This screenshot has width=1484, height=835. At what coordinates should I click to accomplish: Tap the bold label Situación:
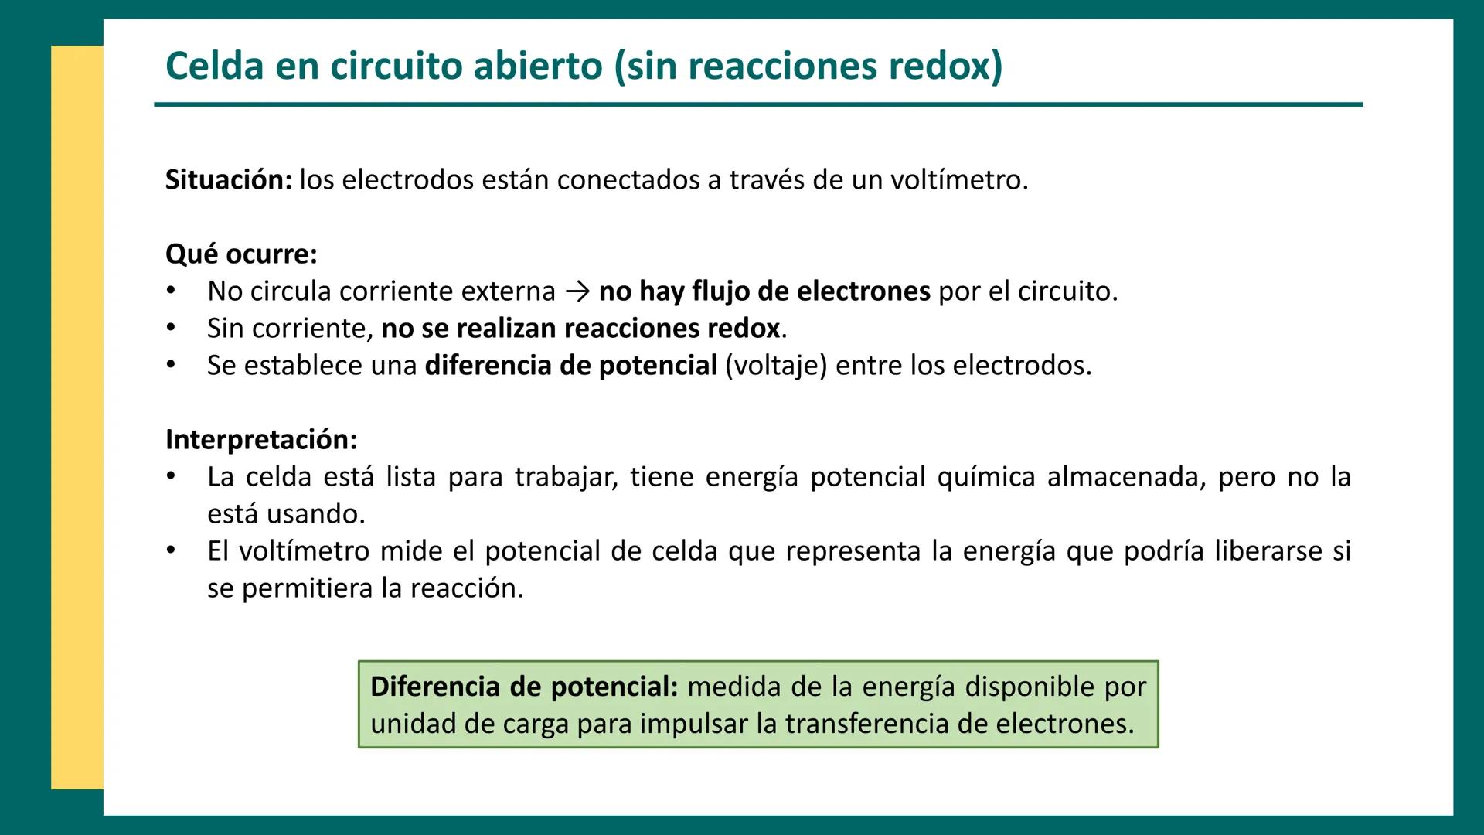pyautogui.click(x=229, y=180)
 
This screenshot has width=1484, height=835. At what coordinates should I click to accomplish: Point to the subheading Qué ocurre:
pyautogui.click(x=241, y=254)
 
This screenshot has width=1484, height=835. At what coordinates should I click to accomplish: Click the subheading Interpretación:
pyautogui.click(x=261, y=440)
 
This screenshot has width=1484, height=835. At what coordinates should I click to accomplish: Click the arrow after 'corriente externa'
pyautogui.click(x=577, y=292)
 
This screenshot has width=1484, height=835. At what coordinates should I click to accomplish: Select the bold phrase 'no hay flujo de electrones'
pyautogui.click(x=764, y=291)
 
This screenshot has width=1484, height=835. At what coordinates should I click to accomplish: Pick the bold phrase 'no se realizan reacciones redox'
pyautogui.click(x=580, y=329)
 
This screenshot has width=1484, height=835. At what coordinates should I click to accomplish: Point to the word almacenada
pyautogui.click(x=1126, y=477)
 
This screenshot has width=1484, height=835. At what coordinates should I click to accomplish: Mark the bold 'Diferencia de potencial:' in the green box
pyautogui.click(x=523, y=687)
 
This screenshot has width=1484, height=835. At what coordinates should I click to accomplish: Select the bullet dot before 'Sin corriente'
pyautogui.click(x=171, y=329)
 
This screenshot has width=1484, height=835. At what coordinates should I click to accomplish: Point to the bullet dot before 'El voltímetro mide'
pyautogui.click(x=171, y=551)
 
